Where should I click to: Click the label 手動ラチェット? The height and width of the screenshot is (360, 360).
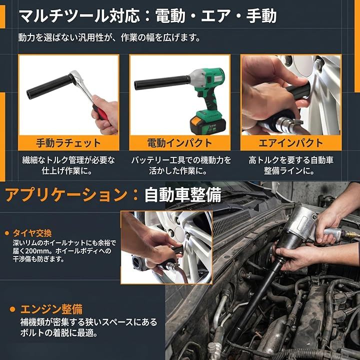[x=68, y=143]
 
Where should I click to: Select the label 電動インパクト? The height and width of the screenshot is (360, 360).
[x=179, y=143]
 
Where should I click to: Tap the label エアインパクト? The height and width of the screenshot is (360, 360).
[x=291, y=143]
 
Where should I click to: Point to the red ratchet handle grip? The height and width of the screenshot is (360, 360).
[x=100, y=112]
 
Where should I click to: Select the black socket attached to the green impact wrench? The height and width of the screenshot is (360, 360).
[x=162, y=82]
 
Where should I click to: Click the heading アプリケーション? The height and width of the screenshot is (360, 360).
[x=66, y=195]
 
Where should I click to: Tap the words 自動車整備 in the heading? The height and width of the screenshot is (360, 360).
[x=183, y=195]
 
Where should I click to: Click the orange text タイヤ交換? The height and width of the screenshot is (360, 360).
[x=32, y=233]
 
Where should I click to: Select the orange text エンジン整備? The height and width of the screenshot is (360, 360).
[x=51, y=309]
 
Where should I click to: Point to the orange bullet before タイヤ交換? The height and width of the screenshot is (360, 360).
[x=7, y=233]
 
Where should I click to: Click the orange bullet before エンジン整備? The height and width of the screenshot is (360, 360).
[x=12, y=309]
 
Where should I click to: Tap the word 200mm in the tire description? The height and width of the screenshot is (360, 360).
[x=37, y=251]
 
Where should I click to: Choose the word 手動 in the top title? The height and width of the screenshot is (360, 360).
[x=261, y=16]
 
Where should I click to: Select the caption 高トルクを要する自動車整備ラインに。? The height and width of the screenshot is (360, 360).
[x=291, y=165]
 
